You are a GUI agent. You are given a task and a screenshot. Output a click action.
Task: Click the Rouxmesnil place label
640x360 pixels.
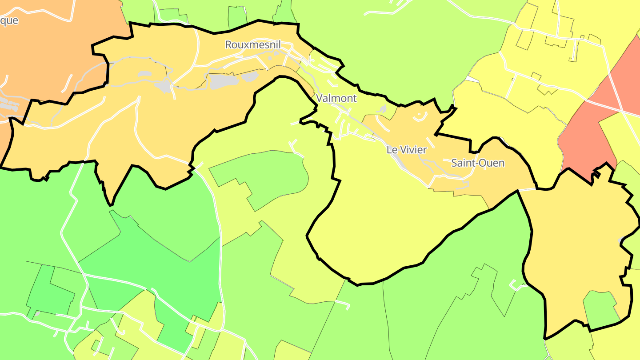[x=253, y=44]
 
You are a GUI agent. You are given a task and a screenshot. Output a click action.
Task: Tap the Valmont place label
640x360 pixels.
[x=336, y=98]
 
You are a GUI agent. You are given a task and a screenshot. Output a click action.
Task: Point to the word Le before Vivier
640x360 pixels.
[x=392, y=150]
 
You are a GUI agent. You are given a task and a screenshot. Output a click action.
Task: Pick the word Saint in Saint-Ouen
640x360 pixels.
[x=463, y=163]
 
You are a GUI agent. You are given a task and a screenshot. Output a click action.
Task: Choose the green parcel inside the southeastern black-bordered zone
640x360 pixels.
[x=600, y=307]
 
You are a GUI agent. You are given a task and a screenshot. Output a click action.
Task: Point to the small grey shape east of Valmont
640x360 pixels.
[x=382, y=109]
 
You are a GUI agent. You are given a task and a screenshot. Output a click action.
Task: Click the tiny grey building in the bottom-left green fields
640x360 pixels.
[x=37, y=314]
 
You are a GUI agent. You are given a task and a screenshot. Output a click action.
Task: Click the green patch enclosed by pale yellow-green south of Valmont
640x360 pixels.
[x=262, y=178]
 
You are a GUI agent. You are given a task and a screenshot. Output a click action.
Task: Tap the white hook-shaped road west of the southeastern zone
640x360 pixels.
[x=516, y=285]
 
